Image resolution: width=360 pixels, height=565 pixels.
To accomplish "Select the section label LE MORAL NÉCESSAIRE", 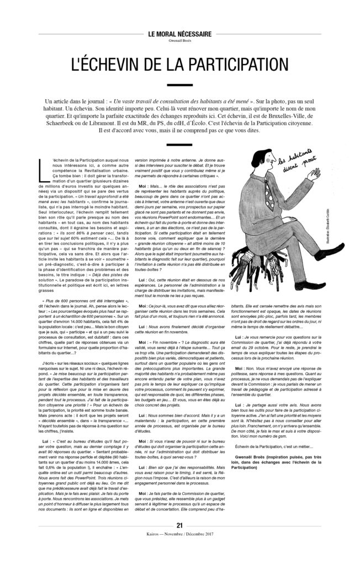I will (180, 34).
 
